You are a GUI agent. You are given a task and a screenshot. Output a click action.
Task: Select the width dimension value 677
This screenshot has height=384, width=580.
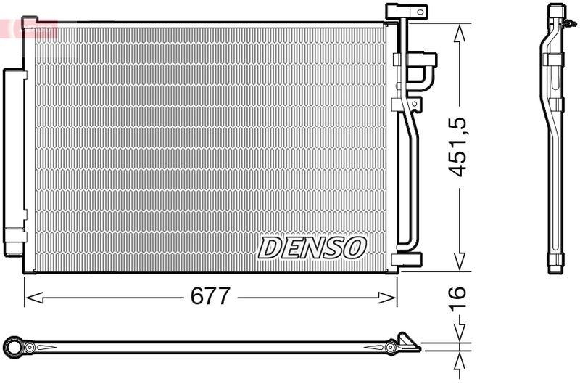pos(210,296)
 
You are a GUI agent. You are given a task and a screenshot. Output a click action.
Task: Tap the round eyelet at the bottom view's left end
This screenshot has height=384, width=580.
pos(12,347)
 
